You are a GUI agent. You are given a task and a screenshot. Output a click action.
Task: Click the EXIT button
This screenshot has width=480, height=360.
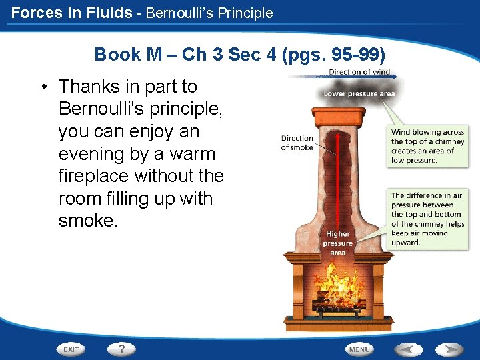click(x=71, y=349)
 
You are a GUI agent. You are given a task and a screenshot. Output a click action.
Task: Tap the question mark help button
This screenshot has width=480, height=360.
click(x=121, y=349)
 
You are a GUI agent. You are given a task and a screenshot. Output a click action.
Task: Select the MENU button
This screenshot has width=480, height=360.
click(x=359, y=349)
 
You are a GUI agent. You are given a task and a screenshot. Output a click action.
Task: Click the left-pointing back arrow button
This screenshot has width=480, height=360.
click(x=408, y=349)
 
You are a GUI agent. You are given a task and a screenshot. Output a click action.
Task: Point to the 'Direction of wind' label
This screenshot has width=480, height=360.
click(x=359, y=72)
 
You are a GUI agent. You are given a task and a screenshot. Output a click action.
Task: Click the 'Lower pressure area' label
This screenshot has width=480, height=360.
click(x=359, y=94)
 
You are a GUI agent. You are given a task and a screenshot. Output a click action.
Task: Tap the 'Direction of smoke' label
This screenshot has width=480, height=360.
click(x=297, y=143)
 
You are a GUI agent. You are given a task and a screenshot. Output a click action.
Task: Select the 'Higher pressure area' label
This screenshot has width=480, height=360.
click(x=338, y=243)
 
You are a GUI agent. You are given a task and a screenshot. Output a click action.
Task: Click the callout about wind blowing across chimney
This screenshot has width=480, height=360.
click(x=427, y=146)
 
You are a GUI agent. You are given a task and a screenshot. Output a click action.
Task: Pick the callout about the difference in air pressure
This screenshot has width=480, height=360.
click(x=427, y=219)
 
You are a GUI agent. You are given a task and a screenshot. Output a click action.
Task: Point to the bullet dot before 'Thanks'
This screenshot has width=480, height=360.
click(x=43, y=87)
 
